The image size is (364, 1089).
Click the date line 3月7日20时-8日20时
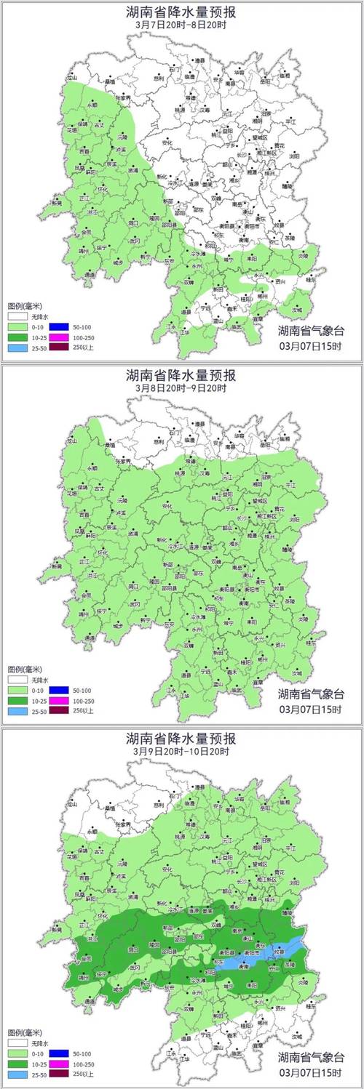pos(181,23)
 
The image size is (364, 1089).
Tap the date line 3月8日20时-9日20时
pos(181,387)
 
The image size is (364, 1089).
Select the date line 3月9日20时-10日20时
pos(181,751)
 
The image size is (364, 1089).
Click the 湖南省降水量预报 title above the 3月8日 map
pos(181,374)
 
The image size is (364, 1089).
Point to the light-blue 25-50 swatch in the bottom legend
pos(18,1074)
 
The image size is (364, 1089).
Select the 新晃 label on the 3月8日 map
pos(57,566)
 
